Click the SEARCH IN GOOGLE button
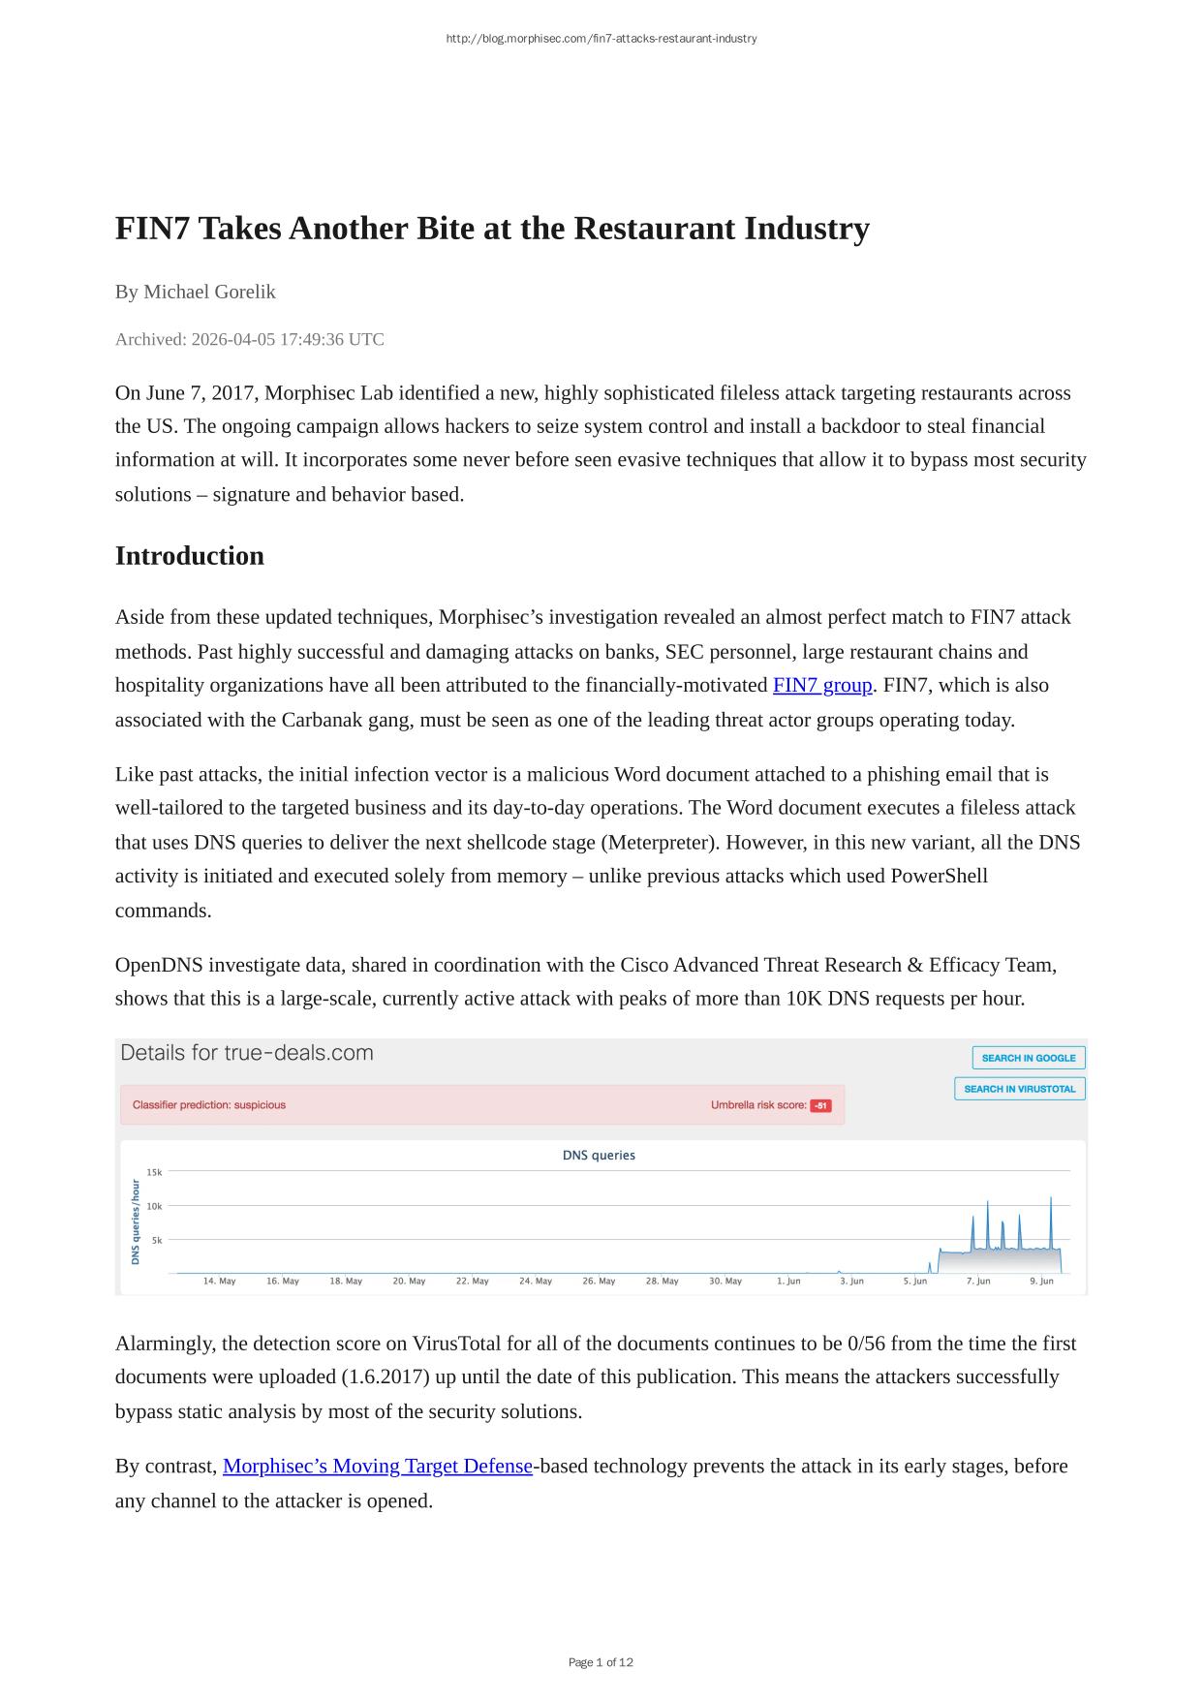point(1028,1058)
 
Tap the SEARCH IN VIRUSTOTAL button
point(1019,1089)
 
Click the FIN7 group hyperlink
point(822,686)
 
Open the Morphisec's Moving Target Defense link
point(377,1467)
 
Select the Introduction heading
point(190,556)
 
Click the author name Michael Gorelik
point(209,292)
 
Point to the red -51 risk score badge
point(820,1105)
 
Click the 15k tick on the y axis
point(155,1172)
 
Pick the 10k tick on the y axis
point(155,1206)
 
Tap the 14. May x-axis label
point(219,1282)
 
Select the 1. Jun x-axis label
point(788,1282)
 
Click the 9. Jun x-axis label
point(1041,1282)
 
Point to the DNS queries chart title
point(599,1156)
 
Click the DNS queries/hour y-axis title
point(136,1221)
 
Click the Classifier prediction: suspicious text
point(209,1105)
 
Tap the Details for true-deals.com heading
point(247,1053)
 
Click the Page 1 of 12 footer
point(601,1662)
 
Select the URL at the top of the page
point(601,39)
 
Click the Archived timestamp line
point(249,340)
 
